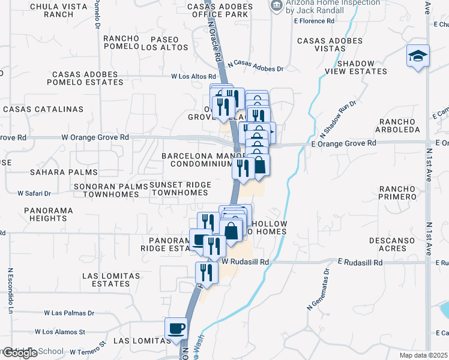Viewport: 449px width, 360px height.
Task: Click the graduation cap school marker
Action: click(418, 56)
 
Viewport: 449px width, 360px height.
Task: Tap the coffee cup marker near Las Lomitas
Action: click(176, 329)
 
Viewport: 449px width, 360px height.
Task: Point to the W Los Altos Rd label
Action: click(193, 77)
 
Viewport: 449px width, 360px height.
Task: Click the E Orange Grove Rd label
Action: click(344, 143)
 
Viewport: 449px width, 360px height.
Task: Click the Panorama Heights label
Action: click(49, 215)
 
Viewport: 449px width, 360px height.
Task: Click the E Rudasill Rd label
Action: click(360, 263)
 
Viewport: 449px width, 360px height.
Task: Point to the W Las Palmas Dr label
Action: click(70, 313)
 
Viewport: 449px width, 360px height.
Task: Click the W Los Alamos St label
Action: click(60, 331)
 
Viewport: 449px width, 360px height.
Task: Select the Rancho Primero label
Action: click(394, 192)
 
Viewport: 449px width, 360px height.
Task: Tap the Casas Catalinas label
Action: click(43, 109)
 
